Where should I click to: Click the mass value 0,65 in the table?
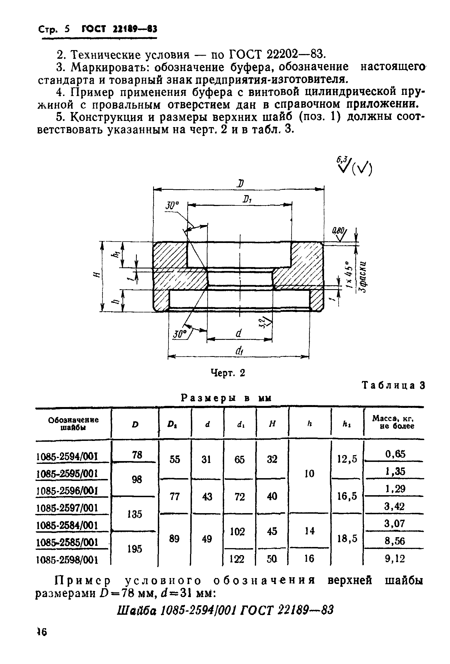(x=395, y=454)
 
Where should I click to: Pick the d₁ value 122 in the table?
(x=237, y=558)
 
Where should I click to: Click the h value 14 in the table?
(x=310, y=531)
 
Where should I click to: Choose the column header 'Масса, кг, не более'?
(x=393, y=422)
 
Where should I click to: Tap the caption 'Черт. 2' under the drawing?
(x=228, y=373)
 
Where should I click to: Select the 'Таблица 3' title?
(x=393, y=385)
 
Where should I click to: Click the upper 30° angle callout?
(x=172, y=206)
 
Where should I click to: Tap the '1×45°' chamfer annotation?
(x=348, y=275)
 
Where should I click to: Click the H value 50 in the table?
(x=272, y=558)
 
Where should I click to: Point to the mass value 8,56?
(x=395, y=541)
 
